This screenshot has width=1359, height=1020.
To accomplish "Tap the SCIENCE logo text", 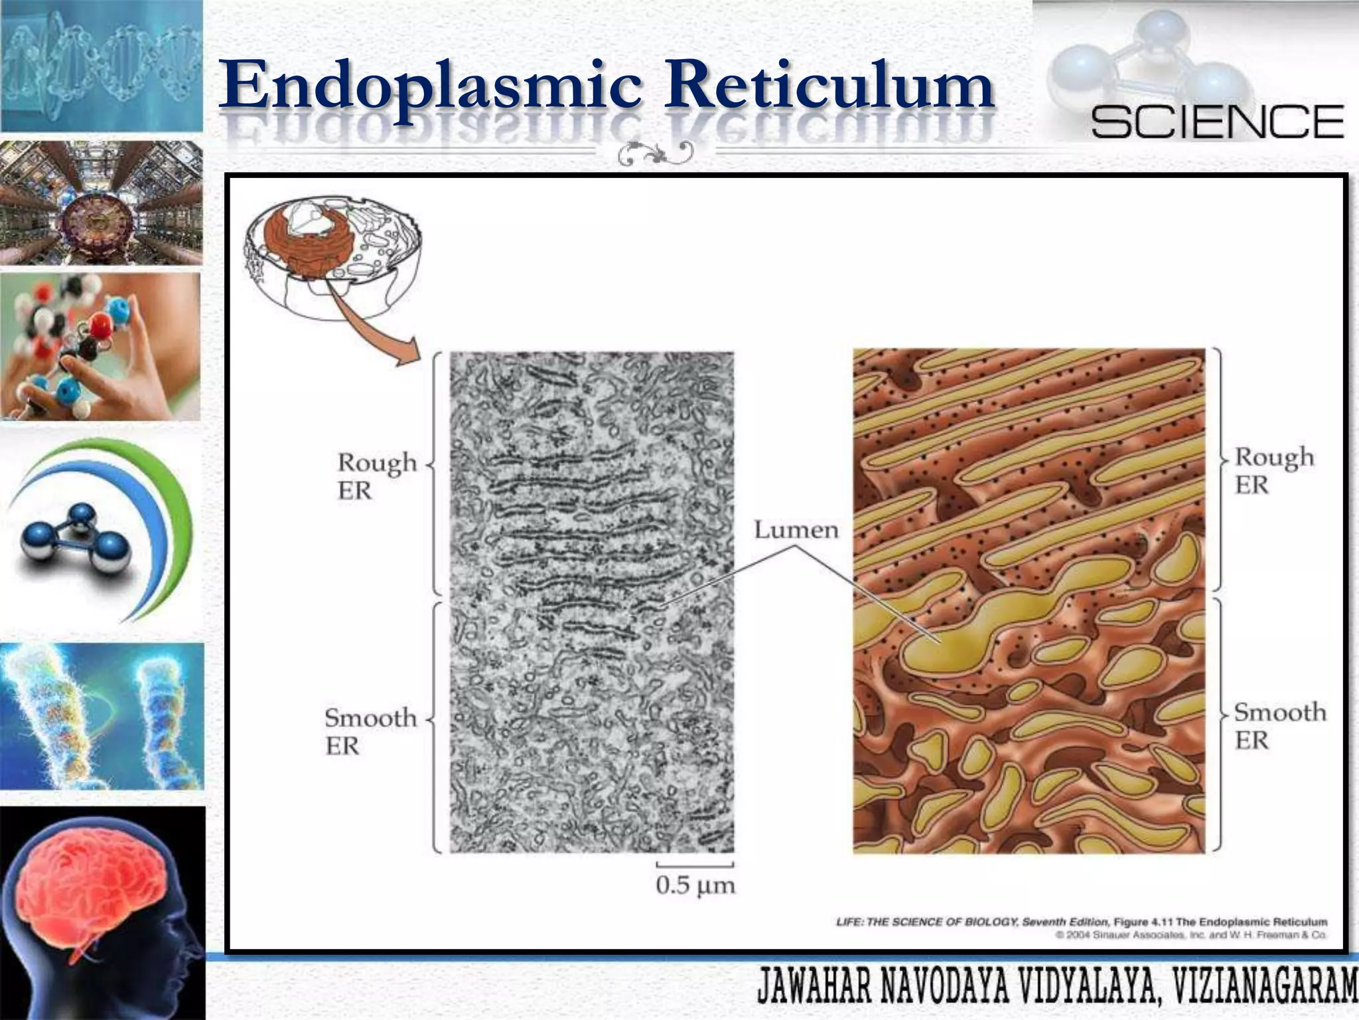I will (1217, 122).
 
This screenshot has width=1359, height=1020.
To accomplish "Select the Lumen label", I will (796, 530).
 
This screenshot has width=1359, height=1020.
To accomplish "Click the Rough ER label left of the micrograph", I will (376, 475).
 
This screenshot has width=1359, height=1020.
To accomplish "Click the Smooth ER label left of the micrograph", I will (370, 730).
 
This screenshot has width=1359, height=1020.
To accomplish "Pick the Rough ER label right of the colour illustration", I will (1273, 470).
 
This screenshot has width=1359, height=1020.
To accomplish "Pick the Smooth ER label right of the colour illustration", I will (1279, 725).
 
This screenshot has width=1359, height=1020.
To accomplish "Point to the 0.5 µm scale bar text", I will (695, 885).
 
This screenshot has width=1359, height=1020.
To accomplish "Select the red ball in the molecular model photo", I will (101, 325).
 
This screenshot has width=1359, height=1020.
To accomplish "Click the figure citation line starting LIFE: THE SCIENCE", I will (1081, 922).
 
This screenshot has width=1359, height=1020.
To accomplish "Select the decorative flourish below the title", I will (656, 153).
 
